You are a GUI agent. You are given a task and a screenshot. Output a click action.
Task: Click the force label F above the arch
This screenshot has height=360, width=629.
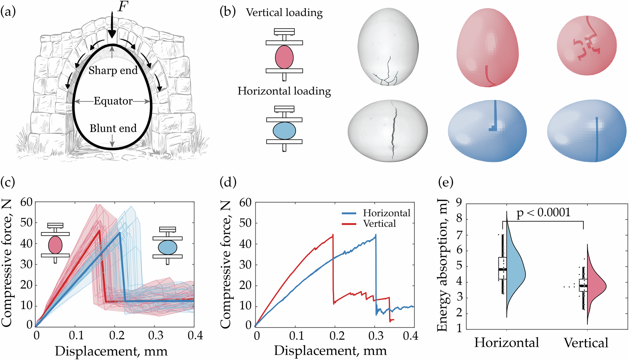point(123,6)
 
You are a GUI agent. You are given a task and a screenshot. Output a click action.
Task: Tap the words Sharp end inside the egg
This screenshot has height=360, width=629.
point(113,70)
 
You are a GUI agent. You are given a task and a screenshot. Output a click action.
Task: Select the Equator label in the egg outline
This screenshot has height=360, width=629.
point(113,101)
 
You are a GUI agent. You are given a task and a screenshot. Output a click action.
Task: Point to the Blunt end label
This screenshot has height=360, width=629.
point(113,128)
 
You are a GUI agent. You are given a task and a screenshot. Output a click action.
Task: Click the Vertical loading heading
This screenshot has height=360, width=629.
point(284,13)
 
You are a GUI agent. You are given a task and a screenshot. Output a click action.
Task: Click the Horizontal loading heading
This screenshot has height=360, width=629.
point(284,91)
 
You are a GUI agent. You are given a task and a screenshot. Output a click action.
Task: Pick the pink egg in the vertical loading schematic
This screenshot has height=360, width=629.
point(284,57)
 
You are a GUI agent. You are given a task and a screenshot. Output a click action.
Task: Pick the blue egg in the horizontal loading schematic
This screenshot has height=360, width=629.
point(284,131)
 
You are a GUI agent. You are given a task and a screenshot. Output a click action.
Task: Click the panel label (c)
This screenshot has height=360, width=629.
point(8,182)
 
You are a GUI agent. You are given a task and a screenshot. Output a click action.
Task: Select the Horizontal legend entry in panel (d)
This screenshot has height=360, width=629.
point(386,213)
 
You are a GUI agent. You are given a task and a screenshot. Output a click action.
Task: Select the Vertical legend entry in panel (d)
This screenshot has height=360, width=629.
point(379,224)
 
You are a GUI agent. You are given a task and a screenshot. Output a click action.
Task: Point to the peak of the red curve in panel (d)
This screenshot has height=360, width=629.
point(333,235)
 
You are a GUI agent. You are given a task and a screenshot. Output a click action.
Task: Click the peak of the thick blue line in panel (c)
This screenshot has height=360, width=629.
point(120,233)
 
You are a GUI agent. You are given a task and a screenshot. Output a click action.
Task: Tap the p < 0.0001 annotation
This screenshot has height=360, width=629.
point(543,213)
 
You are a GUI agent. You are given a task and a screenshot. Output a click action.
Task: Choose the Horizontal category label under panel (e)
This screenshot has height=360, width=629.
point(506,343)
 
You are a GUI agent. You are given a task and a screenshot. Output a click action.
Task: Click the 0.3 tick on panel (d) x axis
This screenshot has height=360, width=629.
point(376,336)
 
